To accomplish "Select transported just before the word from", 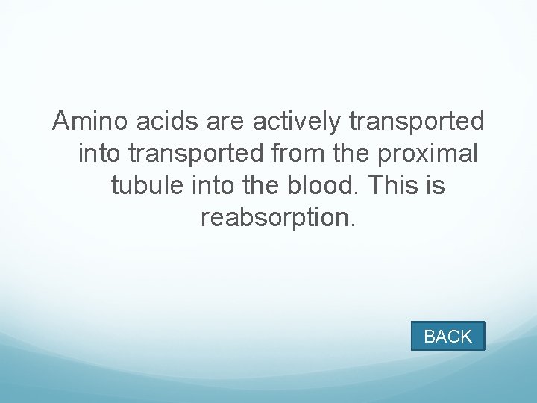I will (x=195, y=153).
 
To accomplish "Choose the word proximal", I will (x=429, y=153).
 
